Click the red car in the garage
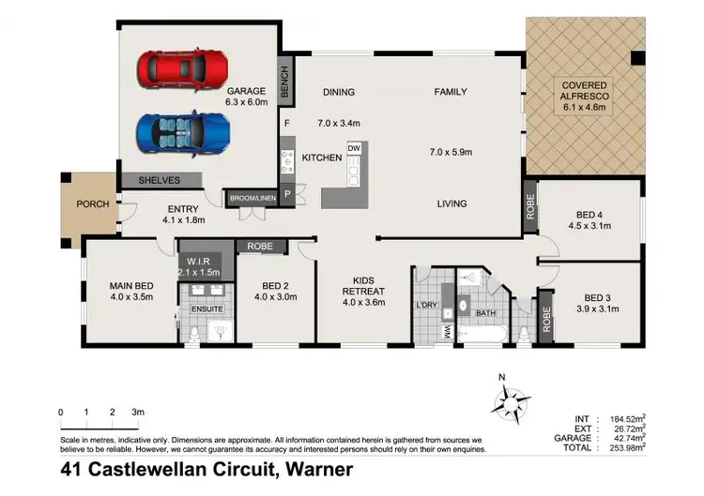pos(183,68)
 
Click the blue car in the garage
pos(183,132)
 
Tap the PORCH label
pos(93,203)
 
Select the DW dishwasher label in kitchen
pos(354,148)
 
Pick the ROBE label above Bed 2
pos(259,246)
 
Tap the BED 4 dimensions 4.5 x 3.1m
pos(589,226)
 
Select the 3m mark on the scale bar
pos(138,412)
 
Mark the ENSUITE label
pos(207,308)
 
